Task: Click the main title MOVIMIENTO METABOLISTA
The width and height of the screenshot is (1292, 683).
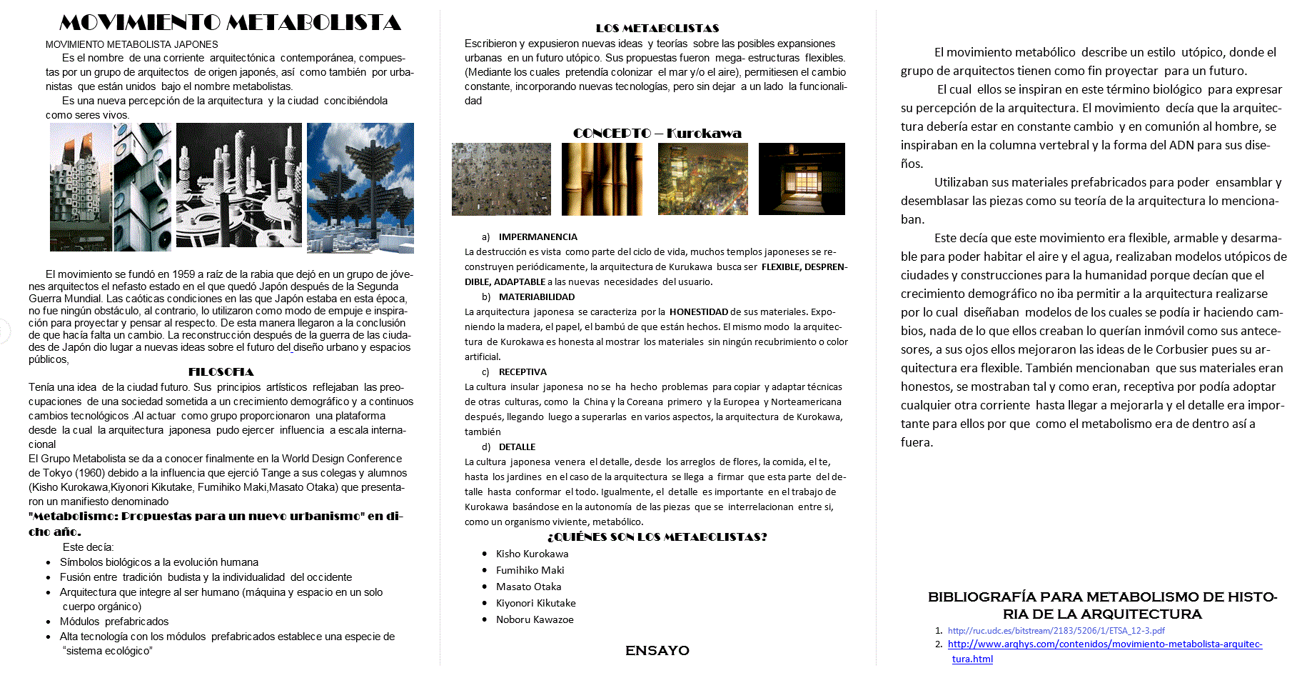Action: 230,23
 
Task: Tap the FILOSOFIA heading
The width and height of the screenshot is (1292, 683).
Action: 221,372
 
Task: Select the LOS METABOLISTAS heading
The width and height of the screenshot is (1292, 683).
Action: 657,29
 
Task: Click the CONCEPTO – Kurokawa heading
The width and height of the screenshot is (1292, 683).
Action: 657,133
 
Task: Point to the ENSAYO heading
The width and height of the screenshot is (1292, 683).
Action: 657,650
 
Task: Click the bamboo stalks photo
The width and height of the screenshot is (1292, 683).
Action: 601,179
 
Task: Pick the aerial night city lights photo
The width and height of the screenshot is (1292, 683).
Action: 702,179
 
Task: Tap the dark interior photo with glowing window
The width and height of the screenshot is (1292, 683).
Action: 801,179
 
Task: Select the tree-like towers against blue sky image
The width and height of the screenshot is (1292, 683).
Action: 360,187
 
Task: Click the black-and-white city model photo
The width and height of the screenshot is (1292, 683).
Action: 238,185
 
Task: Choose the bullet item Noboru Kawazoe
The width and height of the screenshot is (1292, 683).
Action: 535,619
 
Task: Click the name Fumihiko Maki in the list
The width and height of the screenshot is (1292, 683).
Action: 530,570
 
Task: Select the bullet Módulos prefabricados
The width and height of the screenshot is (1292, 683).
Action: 114,622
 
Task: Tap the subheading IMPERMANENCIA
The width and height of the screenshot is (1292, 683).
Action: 538,236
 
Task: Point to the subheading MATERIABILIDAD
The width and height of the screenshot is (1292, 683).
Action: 536,296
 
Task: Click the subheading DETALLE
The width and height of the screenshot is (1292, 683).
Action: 517,447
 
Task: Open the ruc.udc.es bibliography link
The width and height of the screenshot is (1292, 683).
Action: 1056,630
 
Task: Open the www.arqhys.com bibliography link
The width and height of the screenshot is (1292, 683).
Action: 1104,644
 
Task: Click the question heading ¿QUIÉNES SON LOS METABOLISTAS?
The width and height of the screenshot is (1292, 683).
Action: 657,537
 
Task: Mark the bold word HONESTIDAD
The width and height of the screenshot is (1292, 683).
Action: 698,311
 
